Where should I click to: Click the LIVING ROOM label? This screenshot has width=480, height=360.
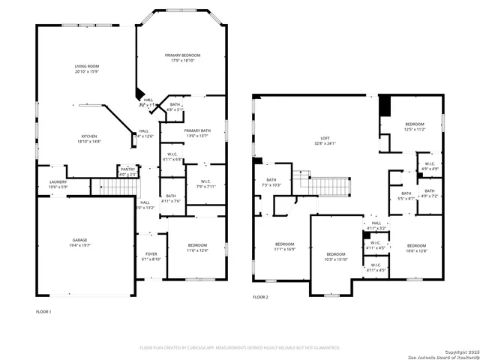click(87, 67)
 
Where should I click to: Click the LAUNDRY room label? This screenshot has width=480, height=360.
click(58, 182)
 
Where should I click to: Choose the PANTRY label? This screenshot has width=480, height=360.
click(127, 169)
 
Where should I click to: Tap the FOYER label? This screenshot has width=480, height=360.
click(151, 254)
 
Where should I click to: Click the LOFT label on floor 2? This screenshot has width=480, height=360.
click(325, 138)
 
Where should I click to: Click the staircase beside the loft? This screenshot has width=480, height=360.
click(330, 185)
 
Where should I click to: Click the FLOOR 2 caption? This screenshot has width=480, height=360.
click(259, 298)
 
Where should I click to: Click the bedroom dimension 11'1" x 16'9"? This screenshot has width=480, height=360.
click(284, 248)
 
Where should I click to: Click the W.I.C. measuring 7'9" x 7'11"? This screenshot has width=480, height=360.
click(205, 186)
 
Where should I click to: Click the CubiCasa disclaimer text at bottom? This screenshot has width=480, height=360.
click(240, 348)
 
